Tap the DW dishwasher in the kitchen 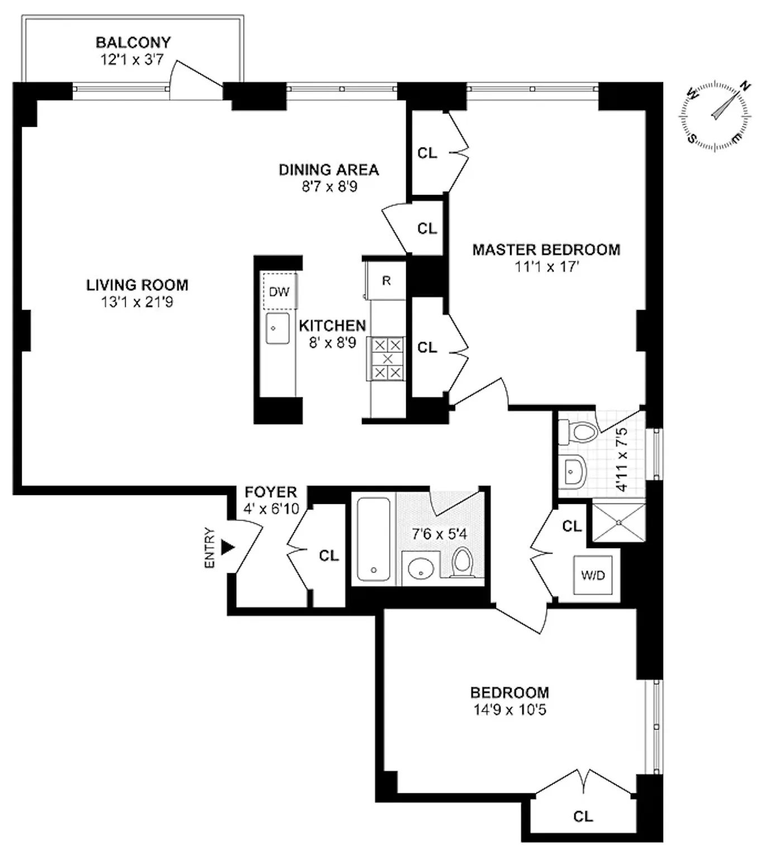[x=279, y=291]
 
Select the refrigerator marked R [x=386, y=280]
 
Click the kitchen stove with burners [x=387, y=359]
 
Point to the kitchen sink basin [x=277, y=328]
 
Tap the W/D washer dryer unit [x=593, y=575]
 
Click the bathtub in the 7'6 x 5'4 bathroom [x=373, y=539]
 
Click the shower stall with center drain [x=618, y=522]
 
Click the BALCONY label [x=133, y=42]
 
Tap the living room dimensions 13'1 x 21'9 [x=137, y=302]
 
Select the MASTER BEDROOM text [x=546, y=250]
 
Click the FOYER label [x=271, y=492]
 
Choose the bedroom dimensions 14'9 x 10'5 [x=509, y=710]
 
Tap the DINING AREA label [x=328, y=170]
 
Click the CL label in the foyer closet [x=328, y=555]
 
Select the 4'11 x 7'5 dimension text [x=622, y=459]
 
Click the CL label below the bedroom [x=583, y=816]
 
